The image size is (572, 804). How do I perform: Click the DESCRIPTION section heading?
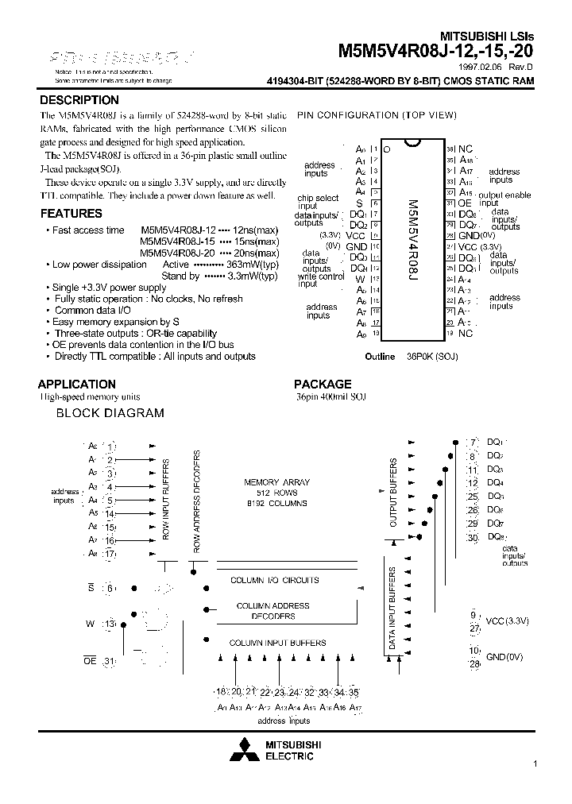[79, 101]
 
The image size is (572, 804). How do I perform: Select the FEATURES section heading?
[71, 214]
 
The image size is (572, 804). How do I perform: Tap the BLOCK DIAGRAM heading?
[110, 413]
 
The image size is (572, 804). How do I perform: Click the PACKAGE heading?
[323, 384]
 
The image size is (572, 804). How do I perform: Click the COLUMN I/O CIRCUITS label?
[274, 581]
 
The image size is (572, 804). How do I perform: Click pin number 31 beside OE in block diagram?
[110, 662]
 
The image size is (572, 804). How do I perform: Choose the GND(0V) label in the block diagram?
[504, 656]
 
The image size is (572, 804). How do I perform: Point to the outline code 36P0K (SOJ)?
[430, 357]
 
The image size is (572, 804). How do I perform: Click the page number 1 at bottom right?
[535, 763]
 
